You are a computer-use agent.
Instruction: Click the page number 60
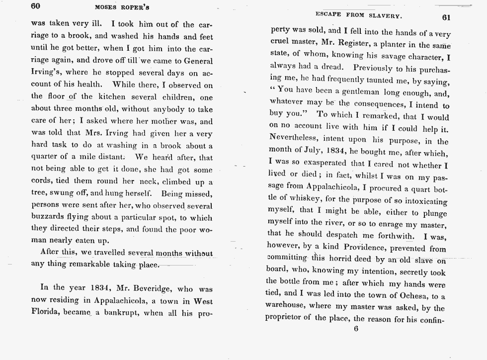pyautogui.click(x=35, y=6)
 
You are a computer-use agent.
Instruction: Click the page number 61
pyautogui.click(x=446, y=16)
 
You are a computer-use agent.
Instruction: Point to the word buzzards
pyautogui.click(x=50, y=217)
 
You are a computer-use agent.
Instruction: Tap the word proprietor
pyautogui.click(x=288, y=319)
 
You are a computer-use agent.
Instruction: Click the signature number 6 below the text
pyautogui.click(x=356, y=329)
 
